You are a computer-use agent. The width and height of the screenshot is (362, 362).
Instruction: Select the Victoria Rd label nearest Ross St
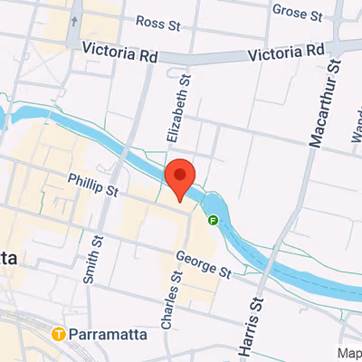pos(119,53)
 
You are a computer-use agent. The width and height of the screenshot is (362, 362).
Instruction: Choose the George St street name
pos(204,265)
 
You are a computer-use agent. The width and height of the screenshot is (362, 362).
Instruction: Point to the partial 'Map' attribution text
pos(349,353)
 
